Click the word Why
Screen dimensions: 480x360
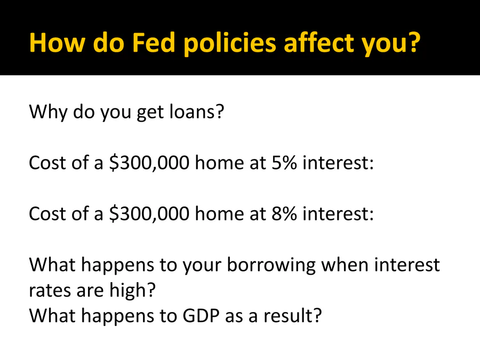[48, 112]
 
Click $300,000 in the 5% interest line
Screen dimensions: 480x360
[149, 163]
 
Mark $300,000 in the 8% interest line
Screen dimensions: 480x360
[149, 214]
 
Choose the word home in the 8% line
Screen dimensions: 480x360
[219, 213]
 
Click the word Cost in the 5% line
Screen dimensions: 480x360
[47, 163]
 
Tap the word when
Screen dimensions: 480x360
[345, 265]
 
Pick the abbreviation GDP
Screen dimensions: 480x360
[201, 316]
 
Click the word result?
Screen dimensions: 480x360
[293, 316]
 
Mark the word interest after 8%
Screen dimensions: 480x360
[338, 213]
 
